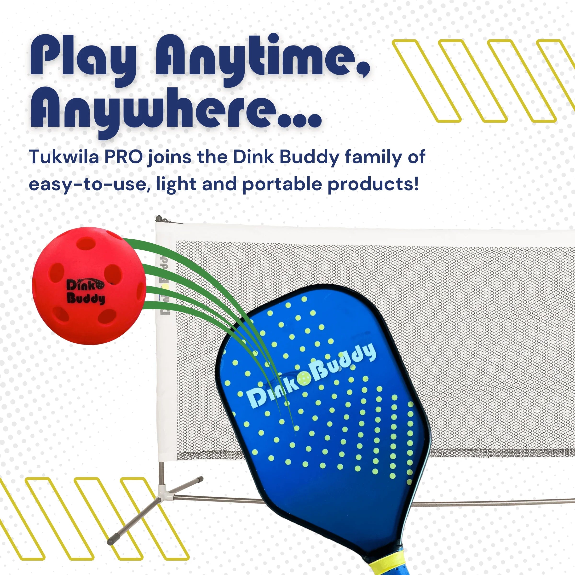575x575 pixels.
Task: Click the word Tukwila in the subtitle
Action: tap(64, 157)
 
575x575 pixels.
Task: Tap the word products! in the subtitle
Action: tap(373, 185)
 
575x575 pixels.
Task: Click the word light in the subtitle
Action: tap(176, 184)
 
